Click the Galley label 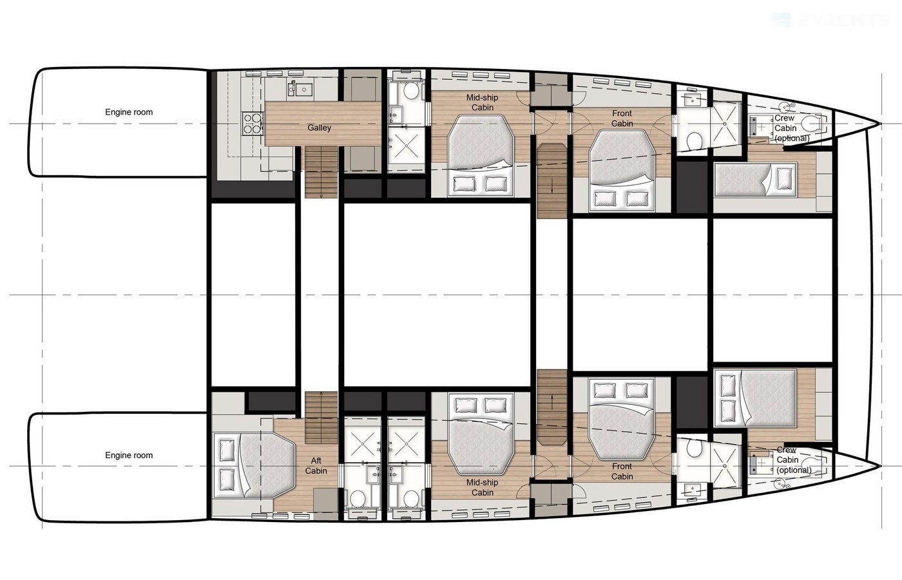click(x=320, y=128)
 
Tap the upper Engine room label click(x=129, y=112)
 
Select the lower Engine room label click(x=129, y=455)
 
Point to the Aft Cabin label click(x=316, y=465)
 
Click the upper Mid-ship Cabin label click(x=483, y=102)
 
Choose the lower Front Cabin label click(x=622, y=471)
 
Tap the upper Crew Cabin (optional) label click(x=792, y=128)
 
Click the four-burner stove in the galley click(x=253, y=124)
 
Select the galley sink click(x=304, y=90)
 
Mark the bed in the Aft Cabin click(x=254, y=465)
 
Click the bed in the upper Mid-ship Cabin click(x=480, y=155)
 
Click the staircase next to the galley click(x=321, y=172)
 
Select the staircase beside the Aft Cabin click(x=321, y=418)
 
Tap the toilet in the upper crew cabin click(x=811, y=124)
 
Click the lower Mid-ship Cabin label click(x=483, y=487)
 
